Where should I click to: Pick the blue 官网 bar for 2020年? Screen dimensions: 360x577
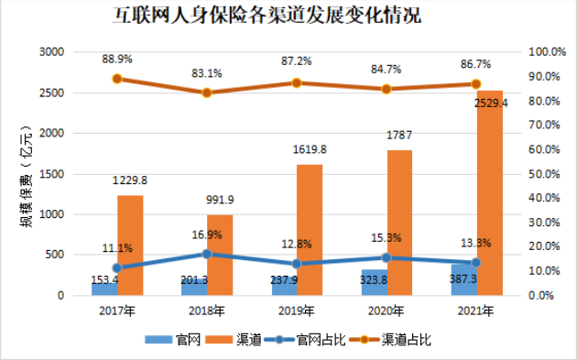(374, 283)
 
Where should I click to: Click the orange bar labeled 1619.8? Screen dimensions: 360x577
(310, 230)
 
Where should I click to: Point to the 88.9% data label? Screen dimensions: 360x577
(117, 59)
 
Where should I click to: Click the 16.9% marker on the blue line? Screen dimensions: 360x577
(207, 254)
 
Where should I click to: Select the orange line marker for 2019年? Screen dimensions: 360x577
(297, 83)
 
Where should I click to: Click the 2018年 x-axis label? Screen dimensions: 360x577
(206, 311)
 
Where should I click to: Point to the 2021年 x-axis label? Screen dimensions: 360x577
(476, 311)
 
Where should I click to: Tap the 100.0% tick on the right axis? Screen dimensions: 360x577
(550, 52)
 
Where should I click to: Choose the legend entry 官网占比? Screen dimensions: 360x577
(317, 339)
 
